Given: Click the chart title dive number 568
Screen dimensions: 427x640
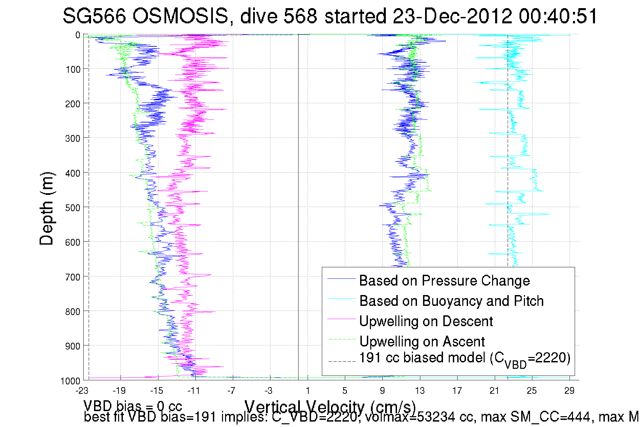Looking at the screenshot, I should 301,16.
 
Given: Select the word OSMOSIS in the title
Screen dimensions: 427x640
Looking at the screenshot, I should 180,16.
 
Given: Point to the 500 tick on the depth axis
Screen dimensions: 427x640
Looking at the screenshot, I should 72,208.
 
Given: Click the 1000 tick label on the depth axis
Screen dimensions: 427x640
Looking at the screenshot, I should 70,381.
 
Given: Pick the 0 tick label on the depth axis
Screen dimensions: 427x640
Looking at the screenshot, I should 78,35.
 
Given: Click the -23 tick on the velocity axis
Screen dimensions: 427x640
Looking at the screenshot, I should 82,391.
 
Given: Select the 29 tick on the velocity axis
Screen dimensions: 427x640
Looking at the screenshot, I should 569,391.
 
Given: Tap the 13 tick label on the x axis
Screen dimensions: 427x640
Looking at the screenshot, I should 420,391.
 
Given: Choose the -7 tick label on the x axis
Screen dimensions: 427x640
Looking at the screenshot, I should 231,391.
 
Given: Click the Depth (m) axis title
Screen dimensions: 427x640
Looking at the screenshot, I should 46,208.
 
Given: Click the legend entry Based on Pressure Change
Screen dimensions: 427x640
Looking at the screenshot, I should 444,280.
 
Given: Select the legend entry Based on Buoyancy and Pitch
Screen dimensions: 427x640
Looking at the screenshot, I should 451,301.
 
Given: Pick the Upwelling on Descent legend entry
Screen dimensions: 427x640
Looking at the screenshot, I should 426,321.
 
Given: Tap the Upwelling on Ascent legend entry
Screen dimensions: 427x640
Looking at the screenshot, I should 422,341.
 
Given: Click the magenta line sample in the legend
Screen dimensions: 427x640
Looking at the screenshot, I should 341,319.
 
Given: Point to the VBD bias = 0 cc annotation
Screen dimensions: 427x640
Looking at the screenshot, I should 133,406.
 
